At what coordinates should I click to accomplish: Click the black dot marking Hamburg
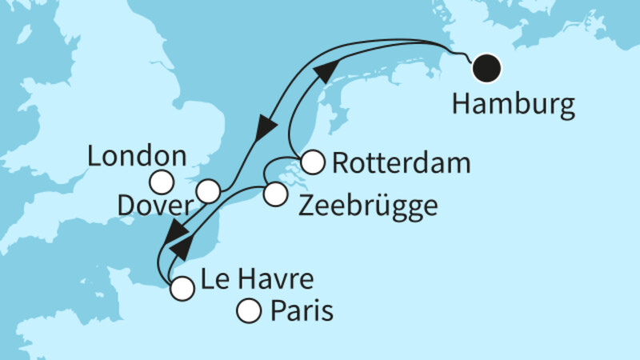(x=486, y=67)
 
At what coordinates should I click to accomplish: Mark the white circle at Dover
(x=208, y=191)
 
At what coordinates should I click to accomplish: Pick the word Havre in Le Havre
(x=272, y=280)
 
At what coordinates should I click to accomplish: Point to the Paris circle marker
(x=250, y=310)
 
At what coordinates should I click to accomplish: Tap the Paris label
(x=301, y=309)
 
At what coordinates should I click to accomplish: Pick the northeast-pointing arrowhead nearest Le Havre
(x=182, y=247)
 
